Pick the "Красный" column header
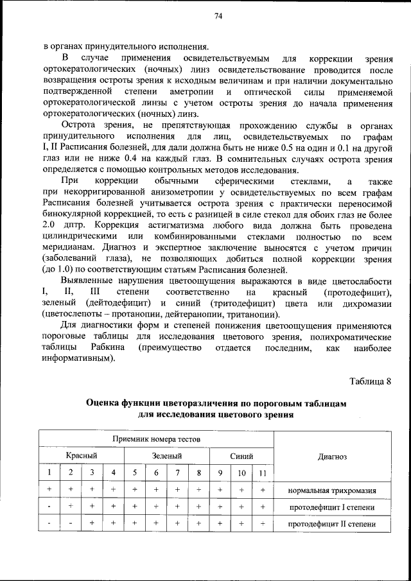pos(82,456)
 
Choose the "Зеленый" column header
pos(167,456)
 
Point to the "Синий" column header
pos(241,456)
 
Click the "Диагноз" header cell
pos(332,456)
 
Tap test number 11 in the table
pos(263,473)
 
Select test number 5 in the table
pos(136,473)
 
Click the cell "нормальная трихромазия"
pos(332,490)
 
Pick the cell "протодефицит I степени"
pos(332,507)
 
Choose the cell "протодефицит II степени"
pos(332,524)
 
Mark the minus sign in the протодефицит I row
pos(49,507)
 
